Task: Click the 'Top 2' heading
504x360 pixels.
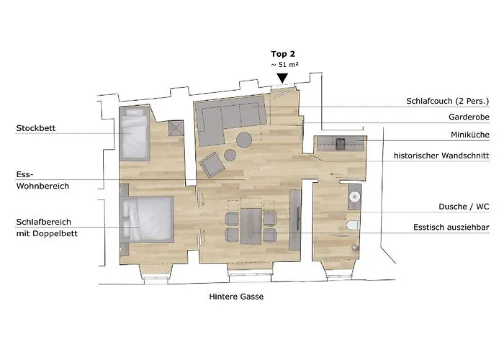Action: [283, 54]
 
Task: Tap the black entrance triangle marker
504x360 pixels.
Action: [282, 78]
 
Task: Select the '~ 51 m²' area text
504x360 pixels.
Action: [284, 65]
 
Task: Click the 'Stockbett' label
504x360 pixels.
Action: [36, 128]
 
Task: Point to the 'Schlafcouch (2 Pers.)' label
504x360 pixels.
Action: [447, 102]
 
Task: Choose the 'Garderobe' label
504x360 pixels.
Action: [469, 117]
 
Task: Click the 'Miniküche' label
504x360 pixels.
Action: [470, 135]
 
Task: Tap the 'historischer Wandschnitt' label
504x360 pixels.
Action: [441, 156]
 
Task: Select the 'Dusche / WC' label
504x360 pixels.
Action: [464, 207]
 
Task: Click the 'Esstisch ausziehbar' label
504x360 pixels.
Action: [451, 228]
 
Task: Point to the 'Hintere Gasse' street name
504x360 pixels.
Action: [236, 297]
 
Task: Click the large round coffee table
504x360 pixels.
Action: [244, 140]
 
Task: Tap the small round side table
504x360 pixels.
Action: [230, 155]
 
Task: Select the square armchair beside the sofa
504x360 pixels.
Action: [212, 164]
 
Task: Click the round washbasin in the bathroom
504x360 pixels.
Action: [354, 197]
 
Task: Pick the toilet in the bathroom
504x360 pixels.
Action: [354, 225]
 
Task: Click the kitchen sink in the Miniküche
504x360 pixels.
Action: [340, 144]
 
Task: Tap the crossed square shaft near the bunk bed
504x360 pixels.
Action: [176, 128]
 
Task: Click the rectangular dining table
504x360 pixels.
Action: [251, 226]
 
